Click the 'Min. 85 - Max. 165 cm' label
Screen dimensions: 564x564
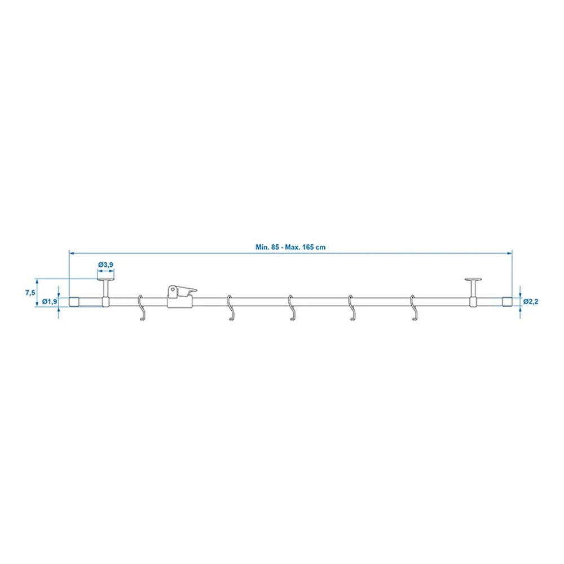point(290,246)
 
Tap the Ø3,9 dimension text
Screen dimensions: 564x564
point(105,264)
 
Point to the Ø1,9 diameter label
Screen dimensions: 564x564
point(50,302)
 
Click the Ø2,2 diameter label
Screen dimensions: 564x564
point(531,301)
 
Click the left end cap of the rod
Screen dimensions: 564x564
point(73,302)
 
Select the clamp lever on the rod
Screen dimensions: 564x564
point(182,291)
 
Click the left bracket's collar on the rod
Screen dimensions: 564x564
point(105,302)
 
